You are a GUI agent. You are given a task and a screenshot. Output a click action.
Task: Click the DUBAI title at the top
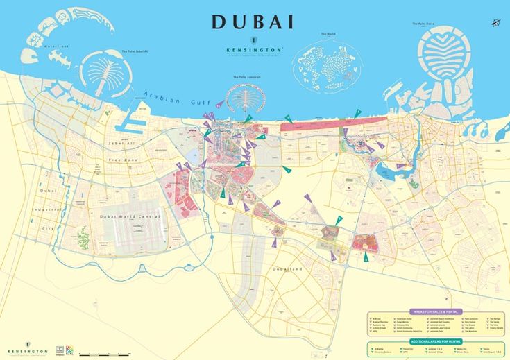click(253, 22)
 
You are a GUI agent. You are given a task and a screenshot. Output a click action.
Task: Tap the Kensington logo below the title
click(254, 49)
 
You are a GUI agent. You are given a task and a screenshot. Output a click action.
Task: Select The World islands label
click(328, 34)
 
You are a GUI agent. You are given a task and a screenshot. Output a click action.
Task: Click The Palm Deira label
click(423, 24)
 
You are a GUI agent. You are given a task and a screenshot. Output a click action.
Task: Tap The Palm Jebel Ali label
click(135, 51)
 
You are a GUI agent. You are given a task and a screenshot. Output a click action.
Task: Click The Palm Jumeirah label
click(246, 77)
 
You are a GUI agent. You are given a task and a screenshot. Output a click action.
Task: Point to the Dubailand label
click(288, 268)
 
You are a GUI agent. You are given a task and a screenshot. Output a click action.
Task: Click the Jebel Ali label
click(121, 144)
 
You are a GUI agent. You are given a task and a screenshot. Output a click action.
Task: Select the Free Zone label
click(123, 160)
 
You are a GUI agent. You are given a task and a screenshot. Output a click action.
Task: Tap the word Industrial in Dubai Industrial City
click(47, 209)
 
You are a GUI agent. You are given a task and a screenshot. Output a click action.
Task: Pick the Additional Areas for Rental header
click(434, 342)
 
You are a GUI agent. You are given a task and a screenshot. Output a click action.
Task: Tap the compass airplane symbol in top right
click(495, 23)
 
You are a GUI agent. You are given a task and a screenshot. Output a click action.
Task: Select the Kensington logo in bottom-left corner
click(28, 350)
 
